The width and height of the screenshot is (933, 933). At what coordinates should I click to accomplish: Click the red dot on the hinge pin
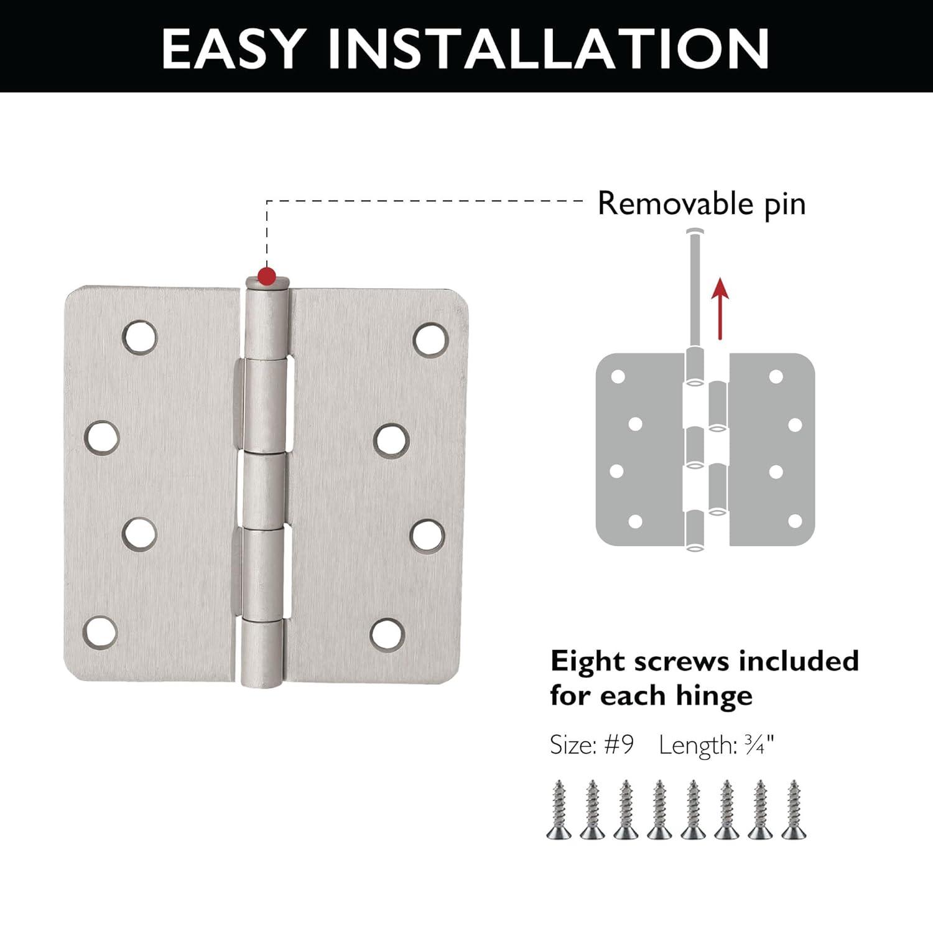click(x=267, y=274)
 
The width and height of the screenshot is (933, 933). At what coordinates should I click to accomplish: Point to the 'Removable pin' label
click(x=701, y=204)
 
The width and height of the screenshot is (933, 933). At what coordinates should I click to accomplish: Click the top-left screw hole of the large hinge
click(x=140, y=337)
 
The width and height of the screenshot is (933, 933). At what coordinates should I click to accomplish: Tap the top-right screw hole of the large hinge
click(x=430, y=339)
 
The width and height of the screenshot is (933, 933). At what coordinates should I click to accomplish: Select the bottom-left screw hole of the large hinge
click(x=101, y=631)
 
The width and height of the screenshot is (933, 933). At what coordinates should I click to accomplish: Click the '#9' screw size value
click(x=618, y=745)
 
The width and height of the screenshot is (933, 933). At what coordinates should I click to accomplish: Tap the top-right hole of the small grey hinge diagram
click(x=776, y=376)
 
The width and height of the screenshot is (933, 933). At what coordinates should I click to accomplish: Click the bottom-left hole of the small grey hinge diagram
click(x=635, y=521)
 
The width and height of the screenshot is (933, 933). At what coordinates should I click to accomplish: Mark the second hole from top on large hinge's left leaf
click(x=102, y=437)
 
